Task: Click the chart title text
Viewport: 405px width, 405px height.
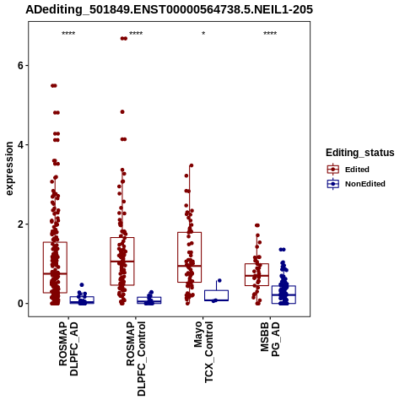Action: [x=169, y=9]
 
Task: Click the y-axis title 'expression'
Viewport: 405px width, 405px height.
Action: [x=9, y=169]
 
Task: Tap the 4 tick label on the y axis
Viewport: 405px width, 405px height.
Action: [x=20, y=145]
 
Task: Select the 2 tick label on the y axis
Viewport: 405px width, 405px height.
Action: [x=20, y=224]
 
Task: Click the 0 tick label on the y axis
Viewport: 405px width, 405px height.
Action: [x=20, y=304]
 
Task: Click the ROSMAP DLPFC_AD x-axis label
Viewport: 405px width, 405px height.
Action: [x=68, y=348]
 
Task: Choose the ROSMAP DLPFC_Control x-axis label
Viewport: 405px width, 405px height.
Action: [x=136, y=359]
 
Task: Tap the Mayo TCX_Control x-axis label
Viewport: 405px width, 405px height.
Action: [x=203, y=352]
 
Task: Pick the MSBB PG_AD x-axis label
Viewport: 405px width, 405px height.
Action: [x=270, y=339]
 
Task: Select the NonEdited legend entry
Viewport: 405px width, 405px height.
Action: [x=356, y=184]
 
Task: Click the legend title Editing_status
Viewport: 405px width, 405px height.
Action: [x=360, y=153]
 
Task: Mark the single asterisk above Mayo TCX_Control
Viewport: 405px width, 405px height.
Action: [x=203, y=34]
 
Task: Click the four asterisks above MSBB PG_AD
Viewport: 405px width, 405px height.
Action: [x=270, y=34]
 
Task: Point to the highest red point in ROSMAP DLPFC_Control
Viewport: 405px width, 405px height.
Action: [x=124, y=39]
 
